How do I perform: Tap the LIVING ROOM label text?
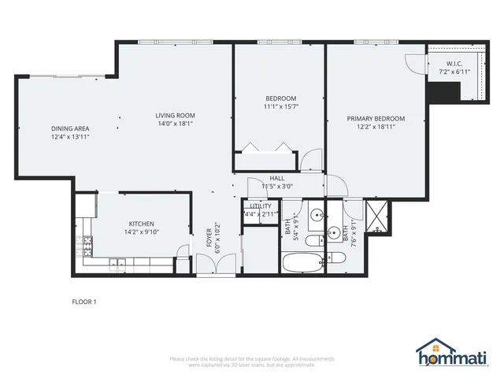point(175,116)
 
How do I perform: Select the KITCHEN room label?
point(141,224)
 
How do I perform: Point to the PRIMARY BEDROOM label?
point(376,119)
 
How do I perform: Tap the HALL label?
point(277,179)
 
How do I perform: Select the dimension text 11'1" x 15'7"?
point(280,106)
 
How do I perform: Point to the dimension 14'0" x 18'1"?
point(175,124)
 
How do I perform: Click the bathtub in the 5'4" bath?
point(302,262)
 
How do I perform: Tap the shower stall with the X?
point(376,213)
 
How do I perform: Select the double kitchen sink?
point(117,265)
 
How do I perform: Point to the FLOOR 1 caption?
point(83,301)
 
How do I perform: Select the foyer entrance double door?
point(215,275)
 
